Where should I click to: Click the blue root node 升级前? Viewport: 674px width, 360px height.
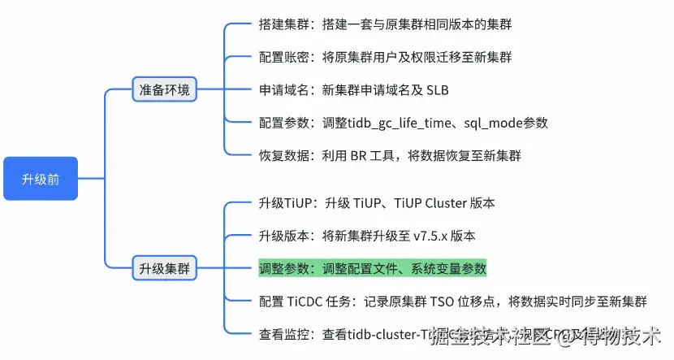40,179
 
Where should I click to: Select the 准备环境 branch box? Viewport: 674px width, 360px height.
165,89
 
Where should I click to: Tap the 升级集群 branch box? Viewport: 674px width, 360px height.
165,268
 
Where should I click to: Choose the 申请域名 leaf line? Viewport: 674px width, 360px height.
353,90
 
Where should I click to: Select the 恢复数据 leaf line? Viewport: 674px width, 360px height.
389,156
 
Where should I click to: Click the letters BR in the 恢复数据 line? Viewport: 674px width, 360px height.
360,156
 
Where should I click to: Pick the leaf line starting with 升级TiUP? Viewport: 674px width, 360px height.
376,203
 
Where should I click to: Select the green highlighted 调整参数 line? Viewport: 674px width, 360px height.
372,268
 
